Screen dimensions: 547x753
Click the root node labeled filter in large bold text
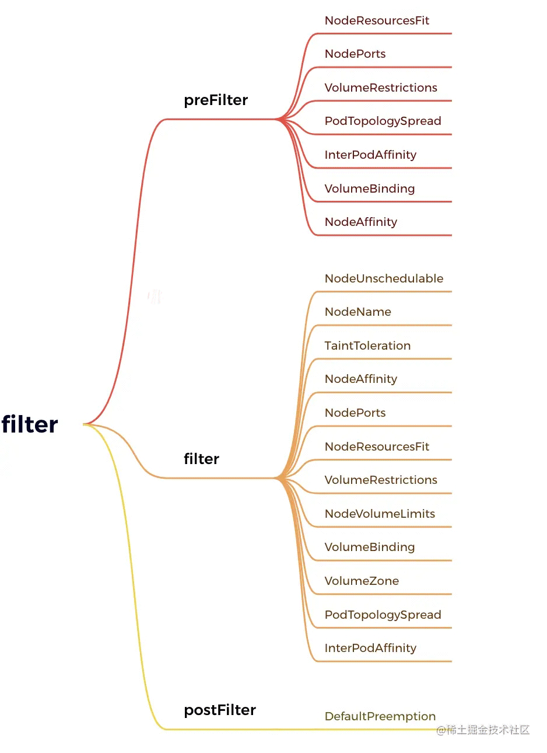pos(30,424)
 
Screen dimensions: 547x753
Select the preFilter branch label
pos(216,100)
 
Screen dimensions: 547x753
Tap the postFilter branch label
pos(220,710)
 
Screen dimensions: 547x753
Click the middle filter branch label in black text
pos(201,459)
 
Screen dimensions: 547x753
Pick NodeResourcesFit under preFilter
pos(377,20)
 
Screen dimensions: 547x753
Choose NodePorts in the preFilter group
pos(355,54)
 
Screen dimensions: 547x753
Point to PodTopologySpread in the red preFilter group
pos(383,121)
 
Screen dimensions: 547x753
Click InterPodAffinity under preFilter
pos(370,155)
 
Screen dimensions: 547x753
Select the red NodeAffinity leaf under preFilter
pos(361,222)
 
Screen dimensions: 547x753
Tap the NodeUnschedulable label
pos(384,278)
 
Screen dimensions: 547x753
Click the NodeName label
pos(358,312)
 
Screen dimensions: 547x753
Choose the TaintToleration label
pos(368,346)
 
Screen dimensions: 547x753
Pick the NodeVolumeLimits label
pos(380,514)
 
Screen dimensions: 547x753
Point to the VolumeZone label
pos(362,581)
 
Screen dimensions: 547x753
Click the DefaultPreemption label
pos(380,716)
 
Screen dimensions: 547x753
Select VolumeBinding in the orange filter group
pos(370,548)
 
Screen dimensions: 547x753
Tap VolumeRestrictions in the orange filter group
pos(381,480)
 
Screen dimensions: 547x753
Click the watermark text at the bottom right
pos(483,730)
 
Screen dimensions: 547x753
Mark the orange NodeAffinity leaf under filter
pos(361,379)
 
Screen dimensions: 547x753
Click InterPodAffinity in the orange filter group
pos(370,649)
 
